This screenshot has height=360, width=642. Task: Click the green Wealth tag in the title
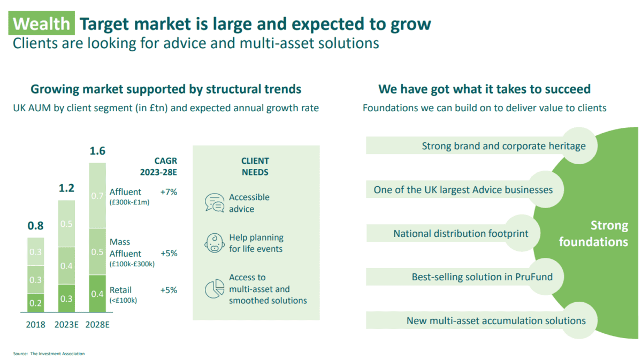(x=42, y=24)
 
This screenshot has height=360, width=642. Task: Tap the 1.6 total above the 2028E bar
(x=97, y=151)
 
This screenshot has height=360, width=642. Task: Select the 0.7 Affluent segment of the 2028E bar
(x=97, y=196)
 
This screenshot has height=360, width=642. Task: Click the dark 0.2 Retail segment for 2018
(x=36, y=302)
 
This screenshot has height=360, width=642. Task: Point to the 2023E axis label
(x=66, y=325)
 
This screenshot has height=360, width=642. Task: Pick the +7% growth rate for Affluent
(x=169, y=192)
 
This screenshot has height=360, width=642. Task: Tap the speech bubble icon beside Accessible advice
(x=215, y=203)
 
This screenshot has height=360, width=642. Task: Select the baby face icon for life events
(x=215, y=243)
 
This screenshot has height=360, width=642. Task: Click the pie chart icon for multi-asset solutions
(x=215, y=289)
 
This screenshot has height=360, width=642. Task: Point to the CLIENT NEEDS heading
(x=255, y=166)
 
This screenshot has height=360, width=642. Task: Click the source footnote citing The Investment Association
(x=49, y=354)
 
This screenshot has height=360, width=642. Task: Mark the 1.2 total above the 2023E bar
(x=66, y=188)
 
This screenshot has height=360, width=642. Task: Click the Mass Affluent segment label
(x=126, y=248)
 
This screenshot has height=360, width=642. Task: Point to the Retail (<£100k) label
(x=123, y=295)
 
